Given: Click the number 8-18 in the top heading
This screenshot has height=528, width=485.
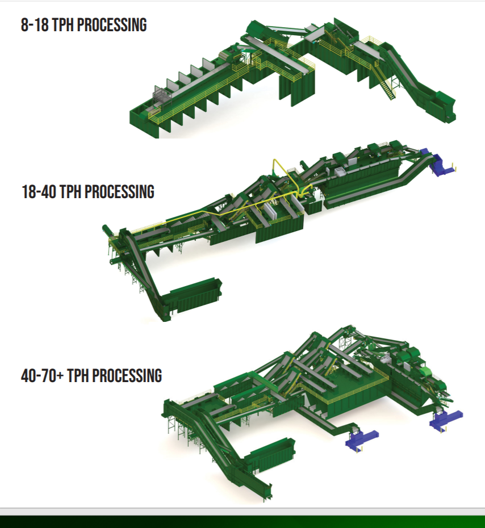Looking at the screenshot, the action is [x=35, y=25].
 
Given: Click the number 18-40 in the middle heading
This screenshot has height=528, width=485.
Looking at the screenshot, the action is [x=39, y=191].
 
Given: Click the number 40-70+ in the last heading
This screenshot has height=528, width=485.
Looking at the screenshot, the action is [x=42, y=375].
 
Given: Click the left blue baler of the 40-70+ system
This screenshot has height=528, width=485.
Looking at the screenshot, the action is [x=361, y=439].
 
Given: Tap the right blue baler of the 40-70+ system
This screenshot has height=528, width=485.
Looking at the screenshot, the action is [x=446, y=418].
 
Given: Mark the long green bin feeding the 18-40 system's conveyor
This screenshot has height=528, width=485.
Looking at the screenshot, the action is [x=195, y=295].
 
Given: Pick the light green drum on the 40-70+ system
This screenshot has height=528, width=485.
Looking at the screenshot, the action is [x=425, y=372].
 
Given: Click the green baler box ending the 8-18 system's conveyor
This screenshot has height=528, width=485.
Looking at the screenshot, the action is [x=444, y=105].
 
